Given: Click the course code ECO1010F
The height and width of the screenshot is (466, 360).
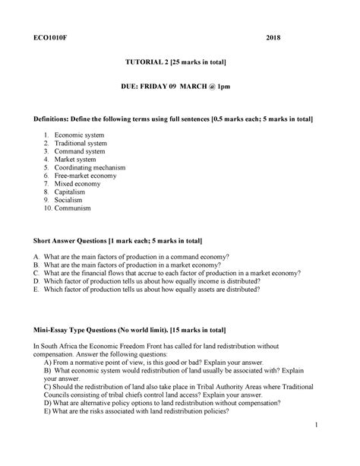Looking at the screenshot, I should coord(48,36).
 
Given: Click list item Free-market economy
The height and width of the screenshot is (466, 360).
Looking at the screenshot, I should coord(90,176).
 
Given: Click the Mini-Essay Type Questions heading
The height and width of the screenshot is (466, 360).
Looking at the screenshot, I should coord(130,331).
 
